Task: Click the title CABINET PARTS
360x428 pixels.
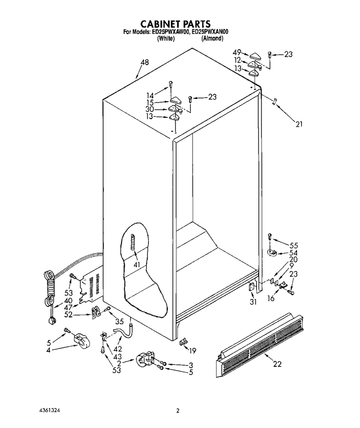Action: pos(175,24)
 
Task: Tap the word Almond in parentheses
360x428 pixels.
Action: pos(212,39)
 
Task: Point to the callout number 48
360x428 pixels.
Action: pos(145,62)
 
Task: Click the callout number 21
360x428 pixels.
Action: pos(299,124)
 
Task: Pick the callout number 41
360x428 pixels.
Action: pos(136,264)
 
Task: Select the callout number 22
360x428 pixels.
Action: pos(277,364)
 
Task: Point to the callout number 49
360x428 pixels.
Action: pos(237,53)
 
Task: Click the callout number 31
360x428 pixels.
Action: pos(253,302)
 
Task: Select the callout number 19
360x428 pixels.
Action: pos(193,351)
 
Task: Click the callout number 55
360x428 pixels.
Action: pos(294,245)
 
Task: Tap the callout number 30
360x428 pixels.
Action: pos(150,109)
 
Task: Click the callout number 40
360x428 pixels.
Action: pos(68,300)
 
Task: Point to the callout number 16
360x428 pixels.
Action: pos(271,299)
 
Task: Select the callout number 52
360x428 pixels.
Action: pos(68,315)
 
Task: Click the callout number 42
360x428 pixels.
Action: pos(118,349)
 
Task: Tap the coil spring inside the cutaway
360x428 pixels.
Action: pos(133,242)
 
